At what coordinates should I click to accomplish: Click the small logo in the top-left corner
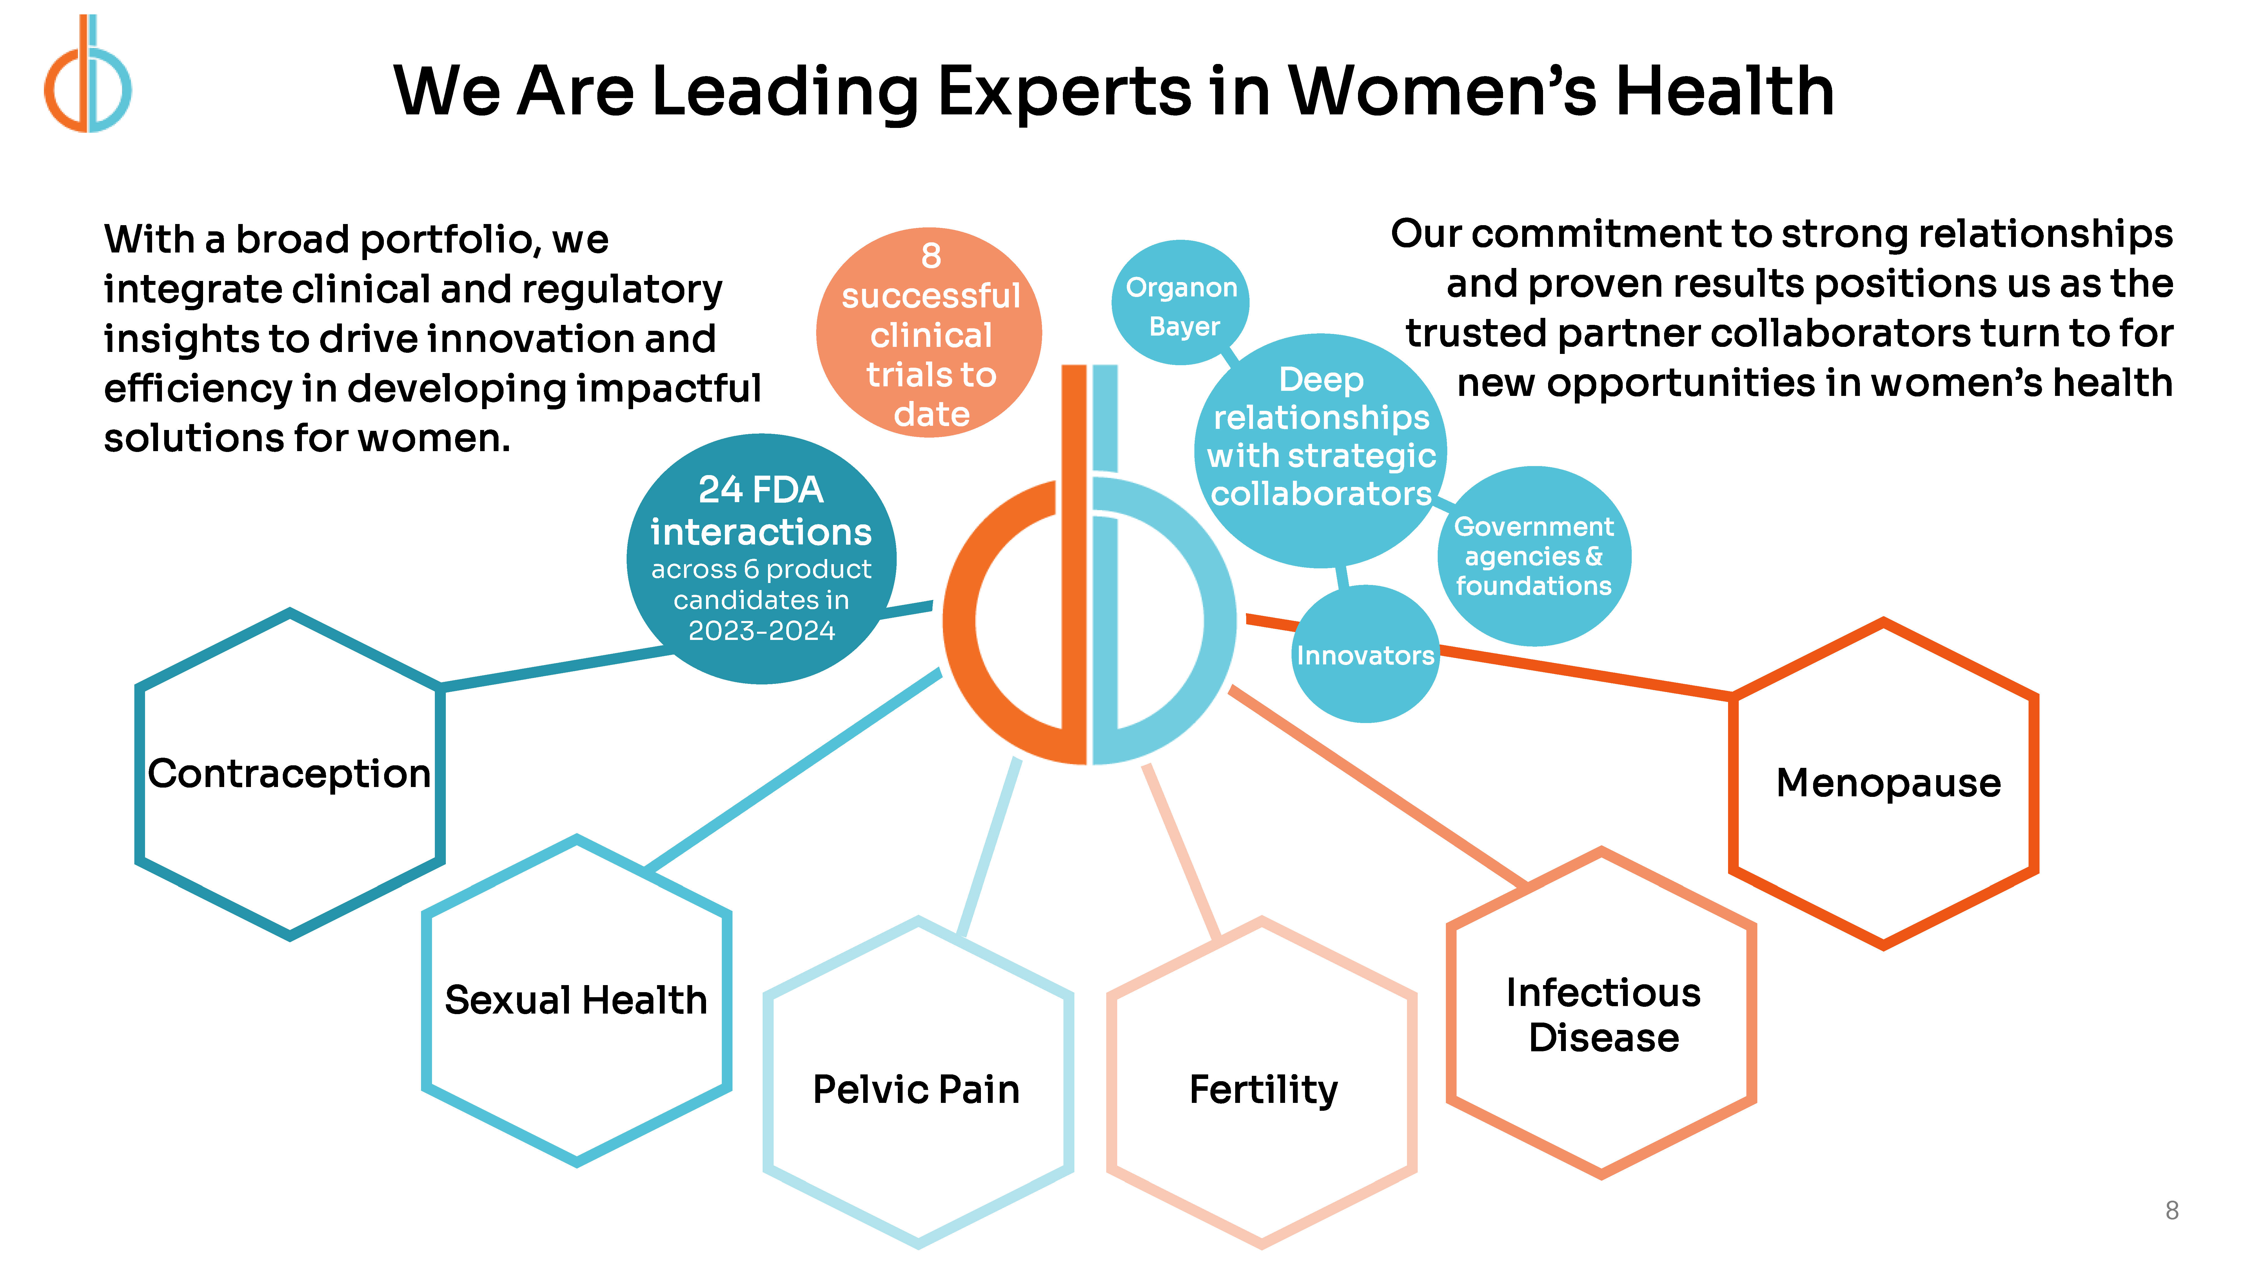(x=88, y=74)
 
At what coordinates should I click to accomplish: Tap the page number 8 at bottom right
(x=2172, y=1210)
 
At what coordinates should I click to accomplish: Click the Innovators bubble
(x=1365, y=655)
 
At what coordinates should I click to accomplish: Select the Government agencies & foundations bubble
(x=1534, y=557)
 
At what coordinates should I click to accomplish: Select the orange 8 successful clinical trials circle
(x=929, y=332)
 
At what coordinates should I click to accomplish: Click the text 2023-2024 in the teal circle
(x=762, y=631)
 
